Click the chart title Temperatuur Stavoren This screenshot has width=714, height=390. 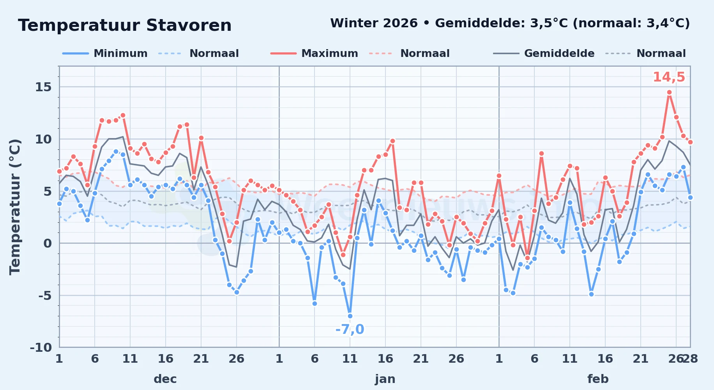pyautogui.click(x=125, y=25)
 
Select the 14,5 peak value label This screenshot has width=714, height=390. pyautogui.click(x=669, y=77)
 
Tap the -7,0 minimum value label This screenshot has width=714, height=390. pyautogui.click(x=350, y=330)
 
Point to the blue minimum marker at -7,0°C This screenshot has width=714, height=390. pyautogui.click(x=350, y=316)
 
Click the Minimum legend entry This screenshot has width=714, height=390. pyautogui.click(x=105, y=53)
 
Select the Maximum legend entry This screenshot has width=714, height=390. pyautogui.click(x=314, y=53)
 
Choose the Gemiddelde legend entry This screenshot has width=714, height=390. pyautogui.click(x=544, y=53)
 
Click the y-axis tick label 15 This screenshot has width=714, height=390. pyautogui.click(x=43, y=87)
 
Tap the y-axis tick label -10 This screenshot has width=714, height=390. pyautogui.click(x=41, y=347)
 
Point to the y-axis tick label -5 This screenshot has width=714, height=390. pyautogui.click(x=45, y=296)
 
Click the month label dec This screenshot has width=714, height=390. pyautogui.click(x=165, y=379)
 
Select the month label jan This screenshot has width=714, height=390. pyautogui.click(x=385, y=379)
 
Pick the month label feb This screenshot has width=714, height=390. pyautogui.click(x=598, y=379)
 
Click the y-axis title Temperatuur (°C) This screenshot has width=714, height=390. pyautogui.click(x=15, y=207)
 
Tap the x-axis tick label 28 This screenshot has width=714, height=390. pyautogui.click(x=690, y=358)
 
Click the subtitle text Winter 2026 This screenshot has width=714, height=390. pyautogui.click(x=374, y=23)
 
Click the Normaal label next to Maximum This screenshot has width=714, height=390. pyautogui.click(x=425, y=53)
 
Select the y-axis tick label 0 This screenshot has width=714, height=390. pyautogui.click(x=48, y=243)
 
